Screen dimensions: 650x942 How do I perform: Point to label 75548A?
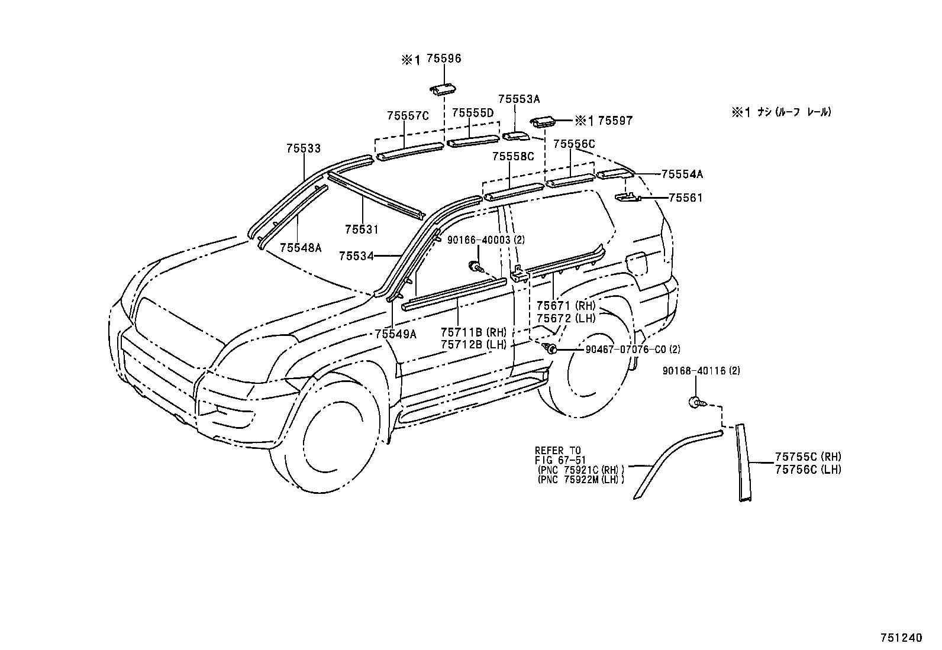point(300,248)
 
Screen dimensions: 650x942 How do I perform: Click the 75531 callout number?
point(362,229)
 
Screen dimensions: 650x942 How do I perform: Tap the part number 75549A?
point(395,334)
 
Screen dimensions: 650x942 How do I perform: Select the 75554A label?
point(682,174)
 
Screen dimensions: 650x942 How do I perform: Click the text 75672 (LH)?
point(566,318)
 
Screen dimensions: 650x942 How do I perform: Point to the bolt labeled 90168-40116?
point(696,403)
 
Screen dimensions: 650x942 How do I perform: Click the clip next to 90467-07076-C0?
point(550,349)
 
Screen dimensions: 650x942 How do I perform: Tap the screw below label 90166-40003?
point(474,267)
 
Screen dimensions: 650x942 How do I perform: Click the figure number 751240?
point(902,638)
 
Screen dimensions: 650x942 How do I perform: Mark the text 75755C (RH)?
point(808,457)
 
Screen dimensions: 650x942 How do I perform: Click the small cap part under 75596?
point(442,89)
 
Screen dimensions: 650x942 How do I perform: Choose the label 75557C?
point(408,116)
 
